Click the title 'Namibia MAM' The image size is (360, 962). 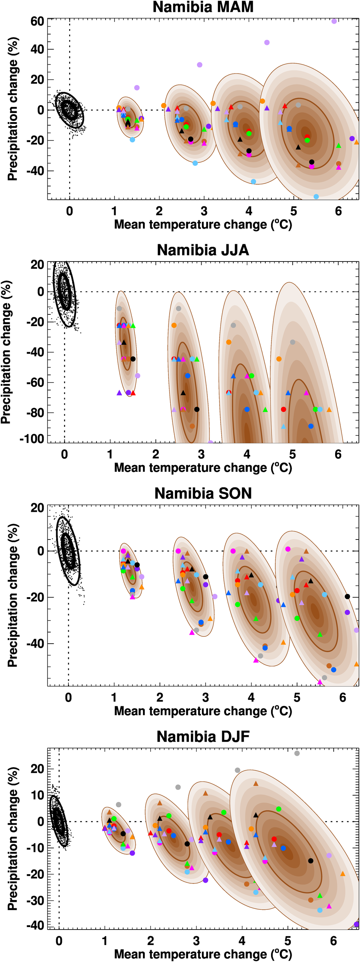point(203,7)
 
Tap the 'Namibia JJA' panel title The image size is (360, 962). point(203,250)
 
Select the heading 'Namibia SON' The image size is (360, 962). point(203,493)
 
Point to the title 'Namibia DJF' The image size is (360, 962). point(203,737)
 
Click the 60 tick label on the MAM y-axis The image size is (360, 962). point(37,21)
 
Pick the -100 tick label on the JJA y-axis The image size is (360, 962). point(32,439)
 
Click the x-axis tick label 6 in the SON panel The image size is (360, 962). point(342,698)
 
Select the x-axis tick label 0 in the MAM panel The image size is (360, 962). point(69,211)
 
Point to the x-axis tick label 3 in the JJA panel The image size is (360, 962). point(201,455)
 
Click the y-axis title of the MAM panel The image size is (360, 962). point(13,109)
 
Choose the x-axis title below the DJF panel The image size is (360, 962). point(203,954)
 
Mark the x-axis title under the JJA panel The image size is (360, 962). point(203,467)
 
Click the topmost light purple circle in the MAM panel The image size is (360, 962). point(334,21)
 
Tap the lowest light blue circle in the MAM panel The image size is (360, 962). point(316,196)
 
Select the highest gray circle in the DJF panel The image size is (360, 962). point(297,753)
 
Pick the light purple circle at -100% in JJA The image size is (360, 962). point(210,443)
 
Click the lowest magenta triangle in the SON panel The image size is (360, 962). point(320,682)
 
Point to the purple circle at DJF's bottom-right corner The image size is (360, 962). point(356,924)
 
